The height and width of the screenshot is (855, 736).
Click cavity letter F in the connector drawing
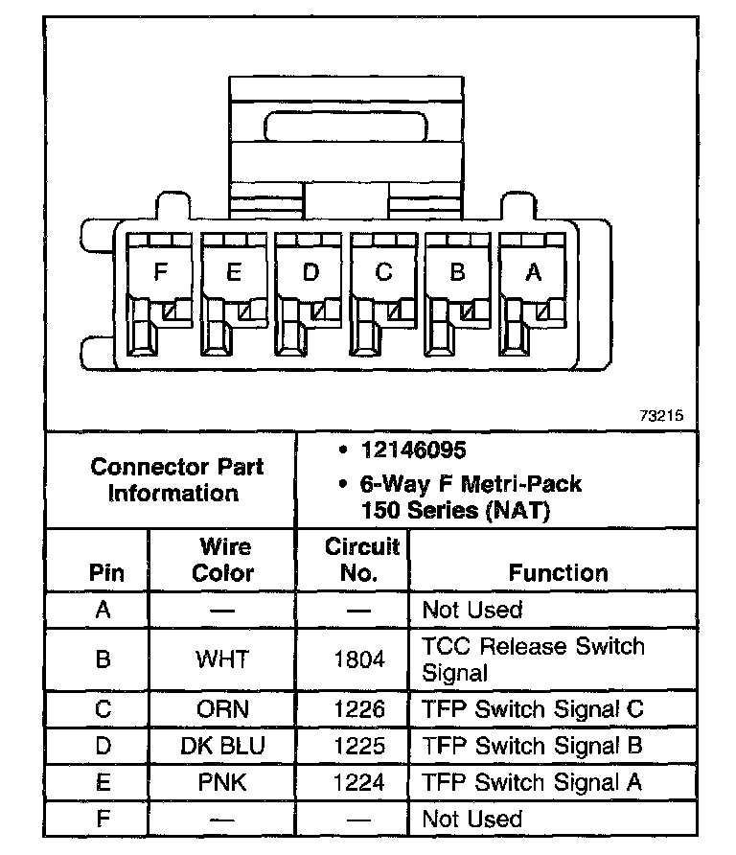160,272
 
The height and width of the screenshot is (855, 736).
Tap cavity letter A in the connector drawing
534,272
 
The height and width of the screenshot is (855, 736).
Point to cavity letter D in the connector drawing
310,272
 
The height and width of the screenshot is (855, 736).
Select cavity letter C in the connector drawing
383,272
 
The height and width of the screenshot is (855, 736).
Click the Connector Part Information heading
177,480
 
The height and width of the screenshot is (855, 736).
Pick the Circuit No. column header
361,561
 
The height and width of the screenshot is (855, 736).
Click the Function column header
558,573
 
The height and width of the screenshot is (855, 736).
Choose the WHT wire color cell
222,659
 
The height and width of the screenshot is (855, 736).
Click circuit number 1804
359,659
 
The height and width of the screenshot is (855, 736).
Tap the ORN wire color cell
222,709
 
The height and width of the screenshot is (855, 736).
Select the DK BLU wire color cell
222,746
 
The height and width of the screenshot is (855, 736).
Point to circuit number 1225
359,746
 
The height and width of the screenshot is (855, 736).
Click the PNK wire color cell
222,782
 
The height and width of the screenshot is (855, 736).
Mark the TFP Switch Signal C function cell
533,709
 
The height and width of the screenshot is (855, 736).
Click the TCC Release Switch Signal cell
533,659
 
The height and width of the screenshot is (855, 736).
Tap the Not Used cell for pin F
472,820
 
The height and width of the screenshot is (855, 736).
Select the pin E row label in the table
103,782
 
